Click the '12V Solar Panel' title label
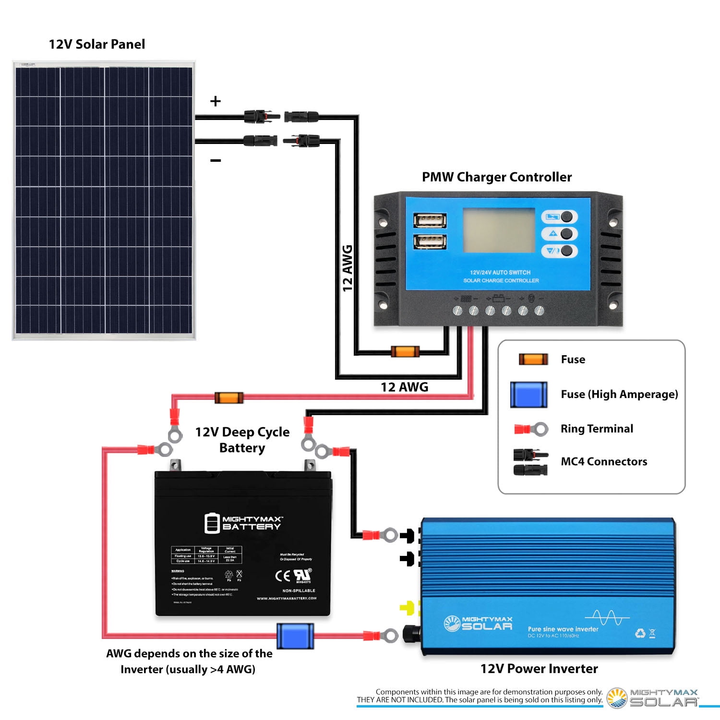[x=97, y=44]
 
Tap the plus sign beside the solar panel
[x=216, y=101]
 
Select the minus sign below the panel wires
[x=216, y=160]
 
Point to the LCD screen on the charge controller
[x=498, y=230]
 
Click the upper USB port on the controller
[x=430, y=220]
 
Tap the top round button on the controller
[x=566, y=216]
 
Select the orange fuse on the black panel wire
[x=405, y=351]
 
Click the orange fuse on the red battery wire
[x=229, y=397]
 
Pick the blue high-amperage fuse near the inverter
[x=295, y=636]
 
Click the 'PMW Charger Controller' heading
[x=497, y=177]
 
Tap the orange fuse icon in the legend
[x=533, y=359]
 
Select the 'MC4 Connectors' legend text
[x=604, y=462]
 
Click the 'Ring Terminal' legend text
[x=597, y=429]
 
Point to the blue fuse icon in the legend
[x=528, y=395]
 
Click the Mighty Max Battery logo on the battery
[x=243, y=523]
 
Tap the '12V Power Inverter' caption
[x=539, y=669]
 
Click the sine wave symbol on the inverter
[x=607, y=618]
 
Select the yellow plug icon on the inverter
[x=407, y=608]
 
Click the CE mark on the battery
[x=282, y=576]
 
